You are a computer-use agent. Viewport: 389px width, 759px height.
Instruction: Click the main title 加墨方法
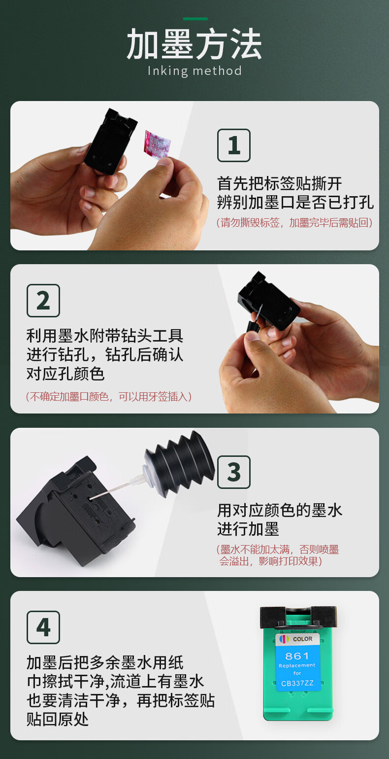[x=194, y=44]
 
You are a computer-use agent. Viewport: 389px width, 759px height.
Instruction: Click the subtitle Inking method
[x=194, y=71]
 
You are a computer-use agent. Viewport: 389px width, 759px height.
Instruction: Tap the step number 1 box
[x=233, y=145]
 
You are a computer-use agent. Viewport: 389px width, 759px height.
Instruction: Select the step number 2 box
[x=43, y=301]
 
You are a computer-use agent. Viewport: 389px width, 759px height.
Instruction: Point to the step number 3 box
[x=233, y=472]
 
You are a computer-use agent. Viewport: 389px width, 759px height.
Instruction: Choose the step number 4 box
[x=43, y=627]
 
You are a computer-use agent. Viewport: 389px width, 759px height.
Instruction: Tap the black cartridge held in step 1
[x=110, y=141]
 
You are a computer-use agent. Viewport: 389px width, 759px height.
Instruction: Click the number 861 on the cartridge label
[x=297, y=656]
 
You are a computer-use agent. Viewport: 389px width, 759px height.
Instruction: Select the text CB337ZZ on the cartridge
[x=297, y=683]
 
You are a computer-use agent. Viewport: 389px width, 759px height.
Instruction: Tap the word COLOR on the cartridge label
[x=303, y=639]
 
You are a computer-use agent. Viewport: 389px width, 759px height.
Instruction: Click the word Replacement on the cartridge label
[x=297, y=665]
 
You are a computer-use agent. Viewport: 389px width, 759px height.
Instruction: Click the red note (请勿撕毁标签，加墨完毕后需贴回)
[x=294, y=223]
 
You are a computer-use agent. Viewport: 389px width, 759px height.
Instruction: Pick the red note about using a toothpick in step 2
[x=109, y=396]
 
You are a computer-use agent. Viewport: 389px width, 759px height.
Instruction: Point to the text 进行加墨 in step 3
[x=248, y=529]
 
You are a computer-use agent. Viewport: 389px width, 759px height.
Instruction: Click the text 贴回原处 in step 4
[x=58, y=719]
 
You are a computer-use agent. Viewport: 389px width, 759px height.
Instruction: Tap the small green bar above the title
[x=195, y=19]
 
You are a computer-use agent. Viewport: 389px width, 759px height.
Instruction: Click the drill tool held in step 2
[x=255, y=322]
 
